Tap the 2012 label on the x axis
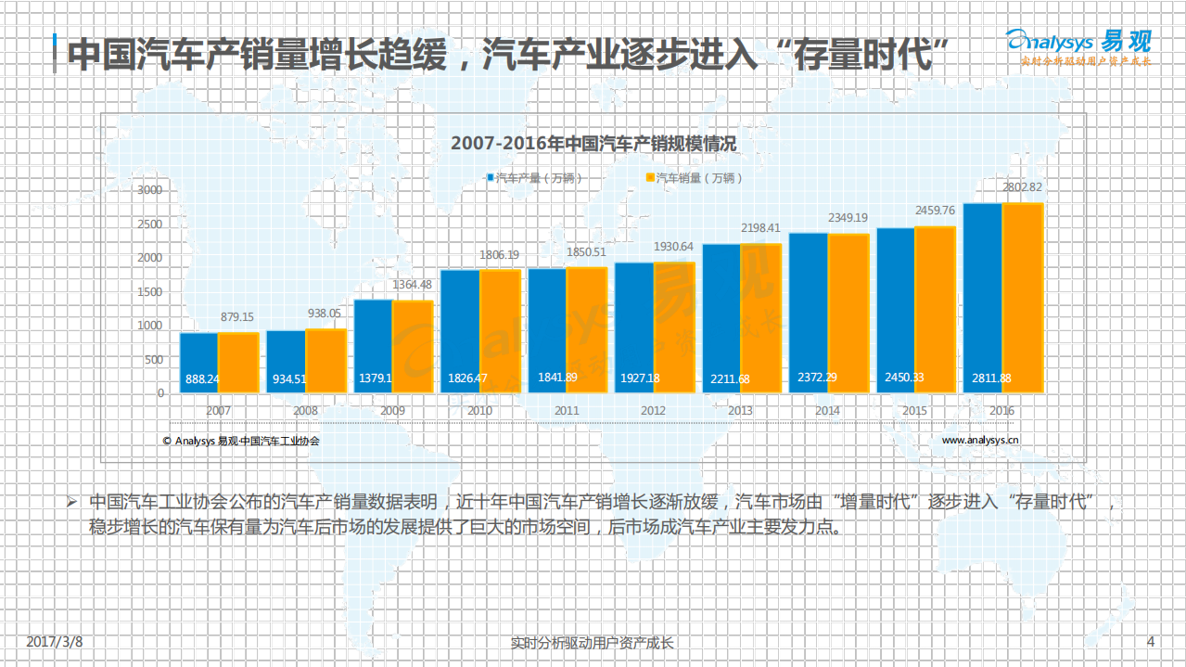click(653, 410)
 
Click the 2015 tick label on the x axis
click(915, 410)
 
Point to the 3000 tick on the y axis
click(149, 190)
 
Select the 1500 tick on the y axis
click(149, 291)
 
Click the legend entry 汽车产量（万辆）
click(536, 177)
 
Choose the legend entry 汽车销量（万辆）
click(695, 177)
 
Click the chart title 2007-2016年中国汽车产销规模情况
click(593, 144)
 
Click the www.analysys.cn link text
click(981, 441)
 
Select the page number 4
click(1151, 641)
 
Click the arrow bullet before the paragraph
click(70, 502)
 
